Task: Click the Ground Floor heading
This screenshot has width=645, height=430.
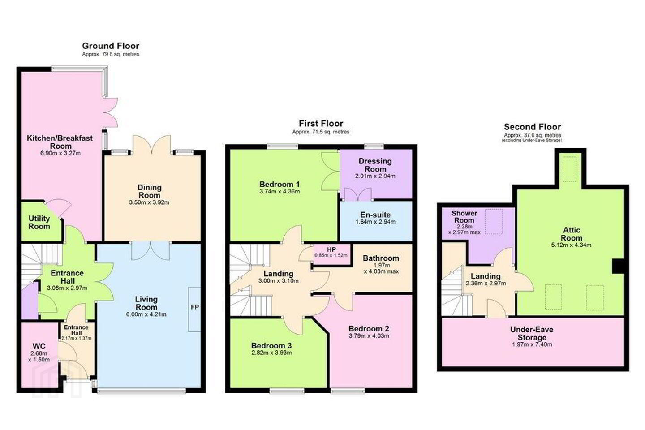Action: [x=111, y=46]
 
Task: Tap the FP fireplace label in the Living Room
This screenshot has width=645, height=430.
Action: [x=195, y=307]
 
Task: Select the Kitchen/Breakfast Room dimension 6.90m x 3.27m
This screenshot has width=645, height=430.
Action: [x=60, y=153]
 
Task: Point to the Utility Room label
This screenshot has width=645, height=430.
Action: [x=39, y=222]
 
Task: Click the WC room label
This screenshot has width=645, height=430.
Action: [x=39, y=346]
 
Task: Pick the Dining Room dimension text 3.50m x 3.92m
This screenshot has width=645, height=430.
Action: [x=149, y=202]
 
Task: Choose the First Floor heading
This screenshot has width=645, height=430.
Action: [x=321, y=124]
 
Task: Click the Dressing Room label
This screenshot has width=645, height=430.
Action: [x=375, y=165]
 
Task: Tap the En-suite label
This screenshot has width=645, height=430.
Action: [x=375, y=215]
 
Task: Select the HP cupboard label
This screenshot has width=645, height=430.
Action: [x=331, y=249]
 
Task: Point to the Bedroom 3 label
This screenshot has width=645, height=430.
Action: [x=271, y=346]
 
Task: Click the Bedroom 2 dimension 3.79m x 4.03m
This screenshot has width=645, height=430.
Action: [x=369, y=335]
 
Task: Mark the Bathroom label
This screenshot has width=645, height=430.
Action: [x=381, y=258]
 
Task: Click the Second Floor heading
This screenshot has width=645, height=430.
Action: [x=533, y=127]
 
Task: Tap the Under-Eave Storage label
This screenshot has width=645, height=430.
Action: [x=532, y=334]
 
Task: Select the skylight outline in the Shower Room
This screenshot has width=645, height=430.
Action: [x=494, y=221]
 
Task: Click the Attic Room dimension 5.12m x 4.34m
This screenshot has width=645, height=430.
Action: [x=571, y=245]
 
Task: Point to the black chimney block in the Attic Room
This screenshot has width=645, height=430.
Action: [x=618, y=267]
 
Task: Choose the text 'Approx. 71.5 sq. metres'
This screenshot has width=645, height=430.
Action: [x=321, y=132]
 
